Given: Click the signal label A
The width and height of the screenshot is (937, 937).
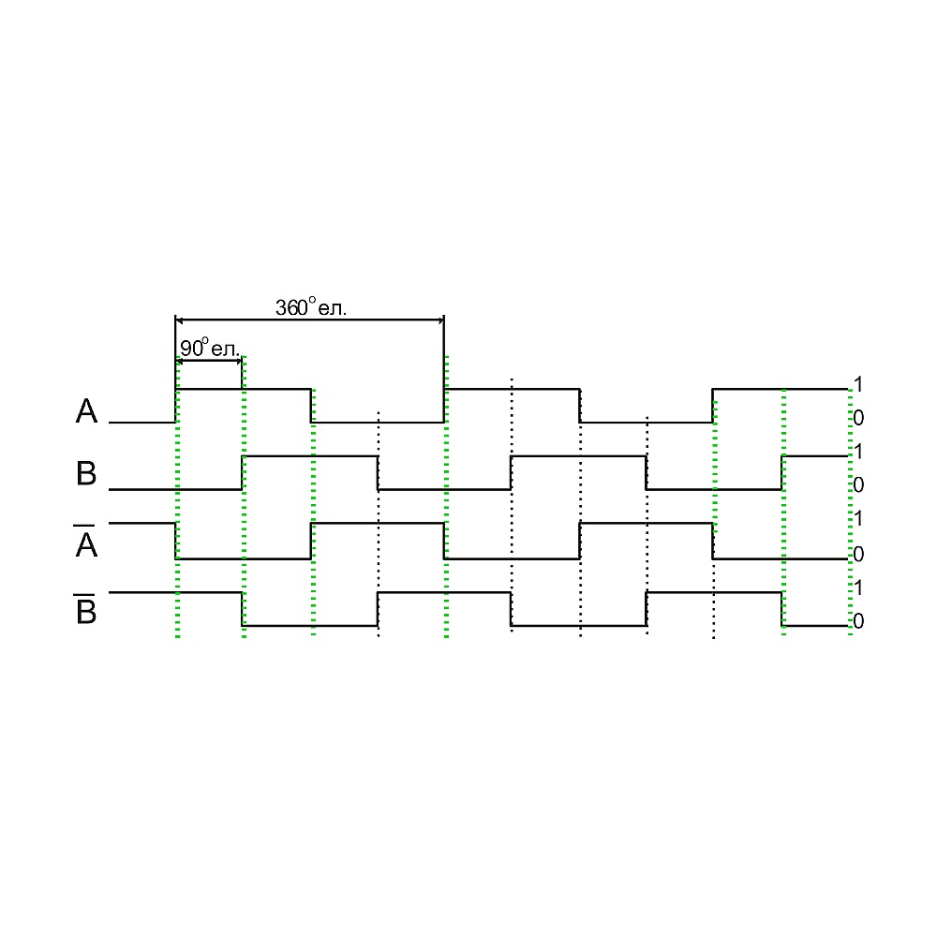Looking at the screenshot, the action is tap(86, 411).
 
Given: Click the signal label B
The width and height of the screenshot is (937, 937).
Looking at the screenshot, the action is tap(86, 473).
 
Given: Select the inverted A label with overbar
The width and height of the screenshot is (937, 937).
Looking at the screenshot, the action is tap(86, 541).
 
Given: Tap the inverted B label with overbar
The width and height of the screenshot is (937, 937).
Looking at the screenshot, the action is tap(86, 609).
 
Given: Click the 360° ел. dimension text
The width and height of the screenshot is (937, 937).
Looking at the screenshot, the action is tap(311, 307).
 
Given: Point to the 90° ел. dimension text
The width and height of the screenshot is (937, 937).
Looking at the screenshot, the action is tap(209, 348).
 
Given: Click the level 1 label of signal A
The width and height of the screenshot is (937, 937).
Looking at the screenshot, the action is tap(858, 384).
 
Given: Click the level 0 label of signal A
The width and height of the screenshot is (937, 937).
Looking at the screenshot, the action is tap(858, 418).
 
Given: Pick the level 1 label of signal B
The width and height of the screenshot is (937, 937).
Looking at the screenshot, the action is tap(858, 452).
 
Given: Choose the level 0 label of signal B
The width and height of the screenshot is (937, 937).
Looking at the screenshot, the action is tap(858, 484).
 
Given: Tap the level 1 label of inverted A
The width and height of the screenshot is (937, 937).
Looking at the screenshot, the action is tap(858, 518).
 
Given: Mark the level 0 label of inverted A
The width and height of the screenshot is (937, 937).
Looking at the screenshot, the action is tap(858, 554).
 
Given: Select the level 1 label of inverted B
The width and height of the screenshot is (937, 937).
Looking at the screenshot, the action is tap(858, 588).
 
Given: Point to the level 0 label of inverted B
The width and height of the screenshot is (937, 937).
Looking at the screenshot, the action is tap(858, 621).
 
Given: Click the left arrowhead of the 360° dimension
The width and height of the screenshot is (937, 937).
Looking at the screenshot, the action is tap(179, 320).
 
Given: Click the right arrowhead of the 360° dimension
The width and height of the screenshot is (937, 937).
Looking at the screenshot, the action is tap(441, 320).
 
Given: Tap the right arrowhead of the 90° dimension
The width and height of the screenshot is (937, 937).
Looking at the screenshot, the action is tap(238, 361).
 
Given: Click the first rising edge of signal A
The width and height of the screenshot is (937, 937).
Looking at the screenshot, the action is tap(176, 406).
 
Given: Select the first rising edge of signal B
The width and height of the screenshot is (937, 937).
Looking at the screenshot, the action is tap(242, 472).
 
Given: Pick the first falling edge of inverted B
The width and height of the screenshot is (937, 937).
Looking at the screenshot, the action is tap(242, 609).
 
